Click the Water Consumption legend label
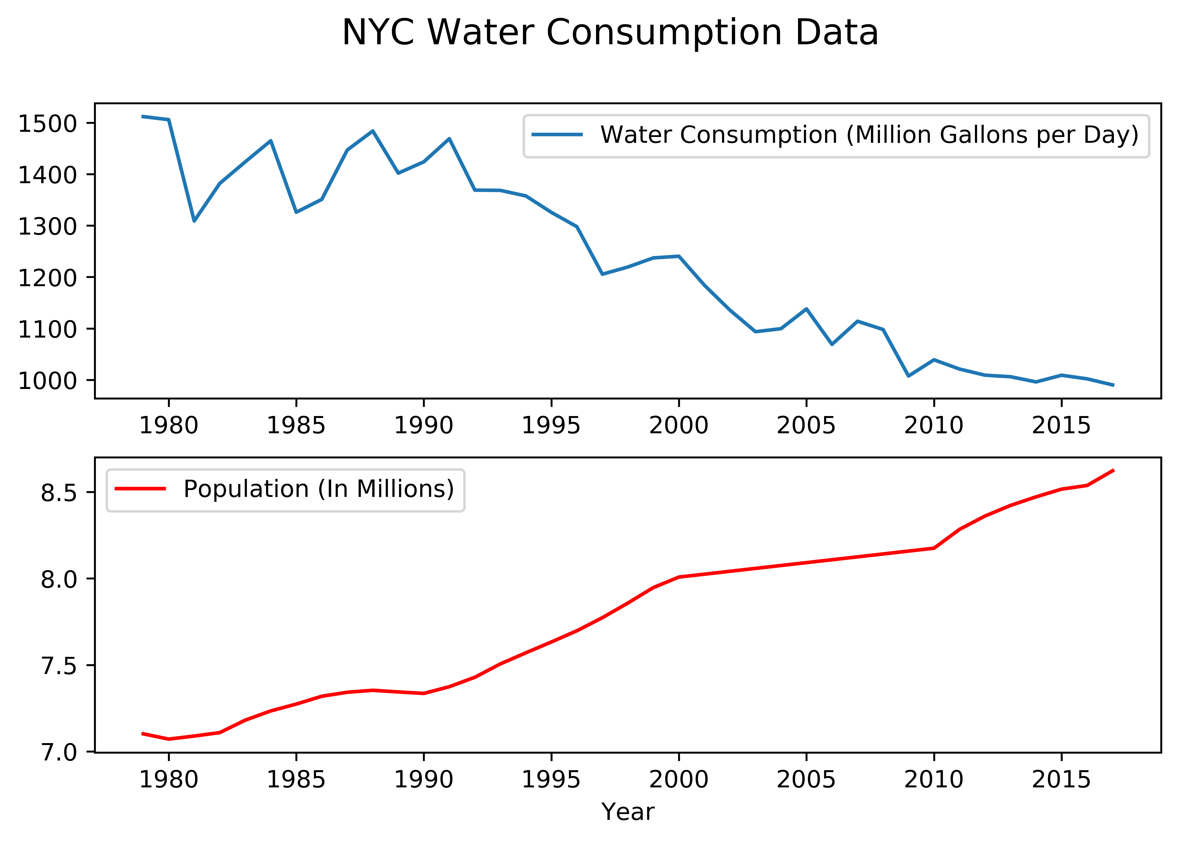869,135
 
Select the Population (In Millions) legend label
318,489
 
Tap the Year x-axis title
627,812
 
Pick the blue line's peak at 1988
373,131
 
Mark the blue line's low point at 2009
908,376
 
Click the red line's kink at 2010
934,548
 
